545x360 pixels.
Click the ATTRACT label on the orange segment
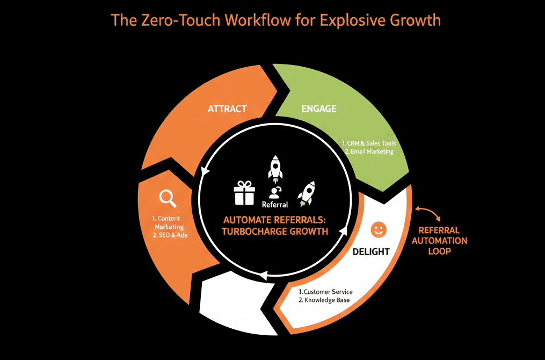(227, 109)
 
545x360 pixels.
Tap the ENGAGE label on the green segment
(319, 109)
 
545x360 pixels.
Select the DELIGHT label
(371, 251)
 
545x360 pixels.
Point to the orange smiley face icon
(379, 229)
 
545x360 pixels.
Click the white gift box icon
(244, 193)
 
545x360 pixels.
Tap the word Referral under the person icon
(275, 204)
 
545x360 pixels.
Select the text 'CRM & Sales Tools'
(372, 143)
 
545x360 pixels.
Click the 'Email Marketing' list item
(371, 152)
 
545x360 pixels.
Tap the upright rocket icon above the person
(275, 167)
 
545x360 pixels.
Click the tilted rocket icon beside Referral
(306, 193)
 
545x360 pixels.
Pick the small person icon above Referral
(275, 192)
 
